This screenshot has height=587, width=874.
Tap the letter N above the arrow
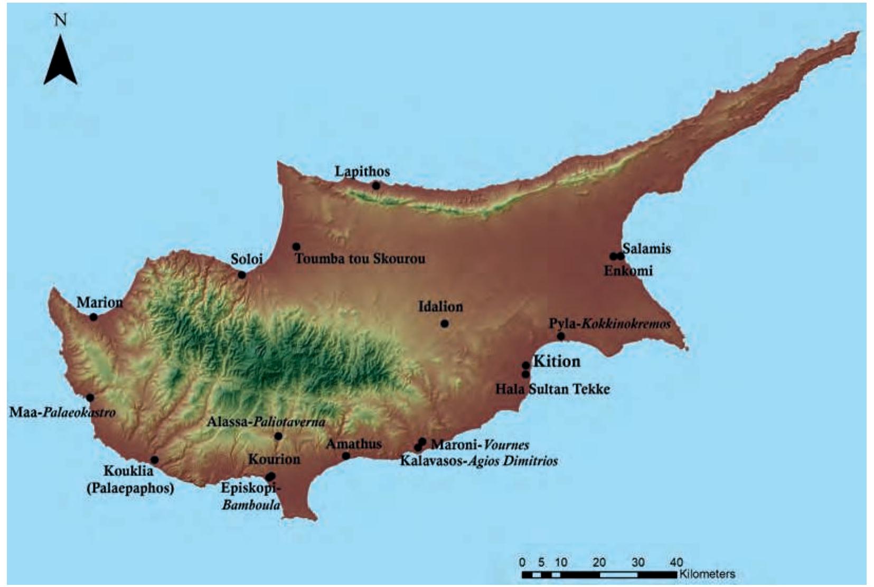pyautogui.click(x=61, y=20)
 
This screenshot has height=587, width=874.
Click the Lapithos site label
pyautogui.click(x=362, y=172)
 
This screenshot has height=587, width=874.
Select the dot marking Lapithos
pyautogui.click(x=376, y=185)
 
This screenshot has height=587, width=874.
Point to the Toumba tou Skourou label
pyautogui.click(x=360, y=259)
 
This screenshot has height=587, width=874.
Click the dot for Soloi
pyautogui.click(x=242, y=274)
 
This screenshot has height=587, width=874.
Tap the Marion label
pyautogui.click(x=100, y=302)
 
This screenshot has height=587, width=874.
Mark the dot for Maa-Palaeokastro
pyautogui.click(x=90, y=397)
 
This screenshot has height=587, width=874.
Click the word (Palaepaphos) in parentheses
pyautogui.click(x=130, y=488)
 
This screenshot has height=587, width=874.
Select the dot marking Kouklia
pyautogui.click(x=155, y=460)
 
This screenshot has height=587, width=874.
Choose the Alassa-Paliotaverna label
pyautogui.click(x=266, y=422)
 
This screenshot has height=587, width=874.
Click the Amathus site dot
pyautogui.click(x=346, y=456)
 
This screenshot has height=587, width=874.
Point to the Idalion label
pyautogui.click(x=440, y=307)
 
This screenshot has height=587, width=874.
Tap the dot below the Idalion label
pyautogui.click(x=444, y=324)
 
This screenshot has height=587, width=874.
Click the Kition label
pyautogui.click(x=557, y=362)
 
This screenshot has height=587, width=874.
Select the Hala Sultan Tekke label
pyautogui.click(x=552, y=390)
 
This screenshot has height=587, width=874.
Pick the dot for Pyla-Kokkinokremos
pyautogui.click(x=561, y=336)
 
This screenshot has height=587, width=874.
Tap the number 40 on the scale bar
pyautogui.click(x=676, y=562)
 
